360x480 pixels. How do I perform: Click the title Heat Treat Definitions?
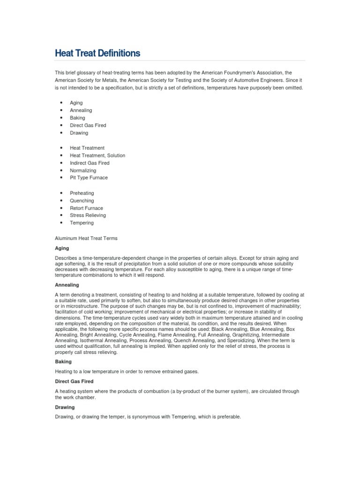click(97, 53)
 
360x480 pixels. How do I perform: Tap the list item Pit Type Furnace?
click(89, 178)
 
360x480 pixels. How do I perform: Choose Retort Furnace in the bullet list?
click(86, 208)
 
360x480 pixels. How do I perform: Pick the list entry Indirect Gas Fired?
click(90, 163)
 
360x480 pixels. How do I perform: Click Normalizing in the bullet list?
click(83, 170)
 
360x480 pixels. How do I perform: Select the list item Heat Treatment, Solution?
click(97, 155)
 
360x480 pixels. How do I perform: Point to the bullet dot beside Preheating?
click(61, 193)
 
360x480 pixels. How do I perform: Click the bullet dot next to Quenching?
click(61, 201)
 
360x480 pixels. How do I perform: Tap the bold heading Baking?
click(63, 362)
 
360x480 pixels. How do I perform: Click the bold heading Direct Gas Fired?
click(74, 382)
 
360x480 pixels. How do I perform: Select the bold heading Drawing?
click(65, 407)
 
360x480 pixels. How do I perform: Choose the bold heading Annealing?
click(67, 285)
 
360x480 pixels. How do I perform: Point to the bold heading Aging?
click(62, 248)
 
